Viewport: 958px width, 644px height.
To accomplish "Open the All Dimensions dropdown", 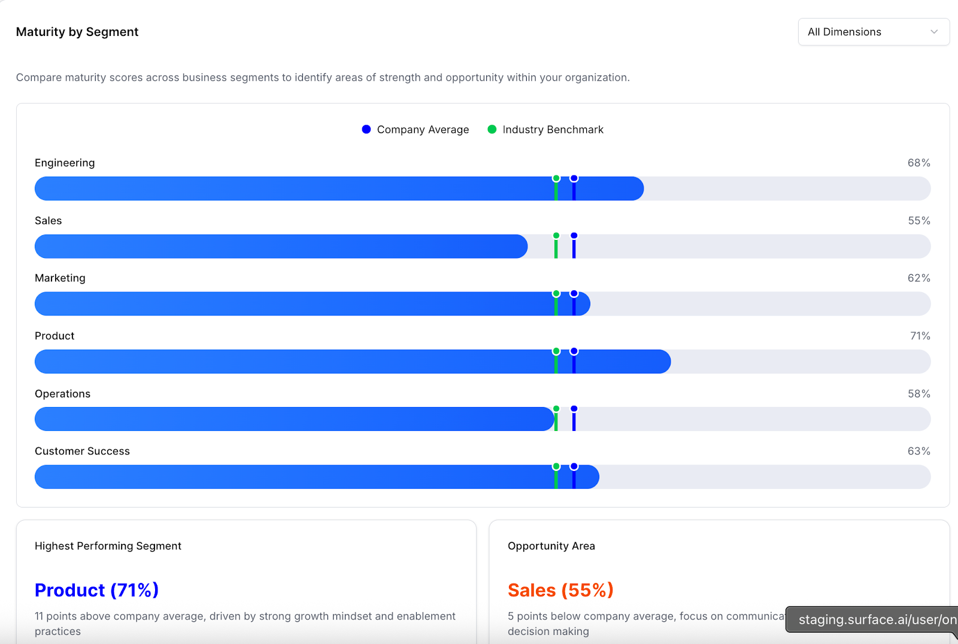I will click(873, 32).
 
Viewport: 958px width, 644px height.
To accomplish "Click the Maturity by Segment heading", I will click(77, 32).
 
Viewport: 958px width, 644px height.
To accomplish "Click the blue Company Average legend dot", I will click(366, 129).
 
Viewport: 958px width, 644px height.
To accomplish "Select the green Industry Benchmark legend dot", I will click(492, 129).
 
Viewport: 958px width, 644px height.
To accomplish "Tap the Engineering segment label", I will click(65, 163).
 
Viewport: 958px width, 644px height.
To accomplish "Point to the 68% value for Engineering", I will click(918, 163).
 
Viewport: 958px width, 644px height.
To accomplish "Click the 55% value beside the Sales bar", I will click(918, 221).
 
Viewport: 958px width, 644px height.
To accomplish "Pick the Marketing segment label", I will click(60, 278).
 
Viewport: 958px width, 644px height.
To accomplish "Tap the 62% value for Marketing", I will click(918, 278).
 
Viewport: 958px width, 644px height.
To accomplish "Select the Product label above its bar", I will click(54, 336).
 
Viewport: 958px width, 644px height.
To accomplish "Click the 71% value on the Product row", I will click(920, 336).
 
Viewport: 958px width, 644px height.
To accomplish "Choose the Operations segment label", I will click(62, 394).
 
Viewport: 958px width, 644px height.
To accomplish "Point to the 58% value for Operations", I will click(918, 394).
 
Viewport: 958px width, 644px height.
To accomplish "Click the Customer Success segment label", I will click(82, 451).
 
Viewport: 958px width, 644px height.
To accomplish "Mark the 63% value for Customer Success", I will click(918, 451).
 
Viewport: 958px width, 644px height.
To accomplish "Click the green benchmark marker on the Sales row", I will click(556, 245).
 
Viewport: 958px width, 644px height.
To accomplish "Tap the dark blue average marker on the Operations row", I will click(574, 418).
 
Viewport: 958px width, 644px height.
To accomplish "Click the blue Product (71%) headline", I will click(96, 590).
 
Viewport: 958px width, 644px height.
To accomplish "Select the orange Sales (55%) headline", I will click(560, 590).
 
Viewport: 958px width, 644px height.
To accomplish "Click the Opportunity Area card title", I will click(551, 546).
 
